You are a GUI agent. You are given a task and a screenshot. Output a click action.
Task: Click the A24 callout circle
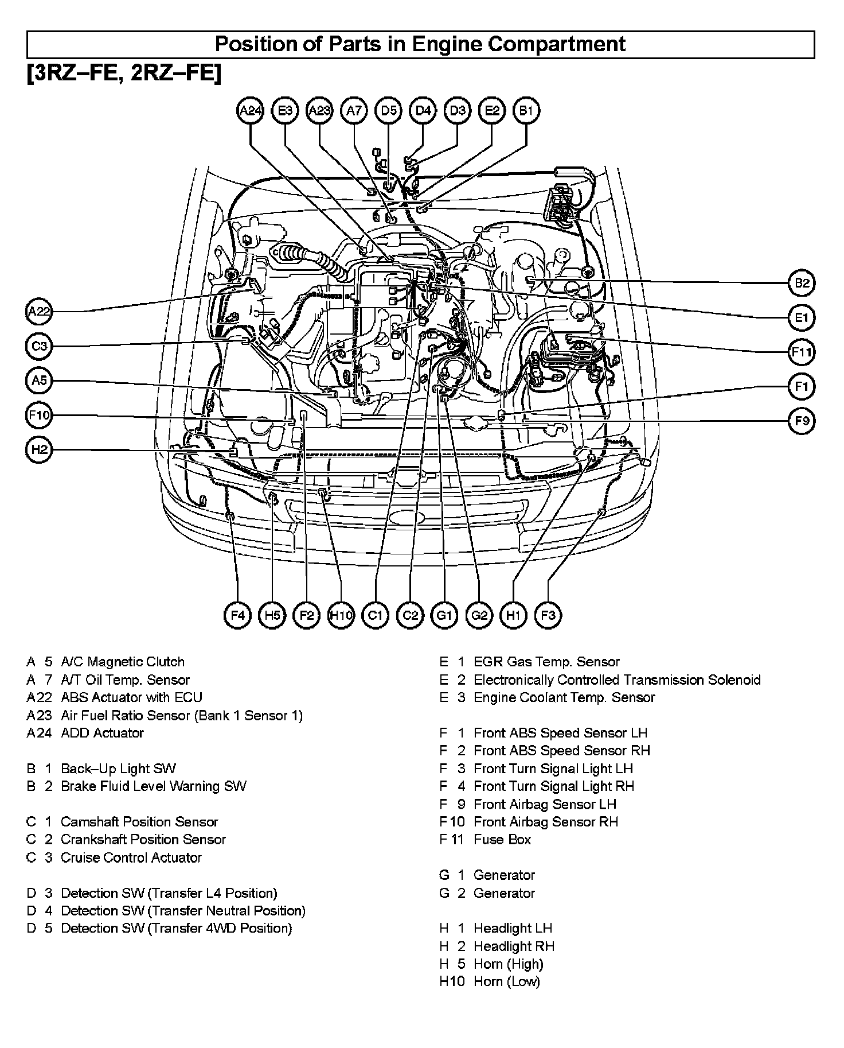[251, 111]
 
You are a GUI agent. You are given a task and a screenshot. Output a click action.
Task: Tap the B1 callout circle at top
[526, 111]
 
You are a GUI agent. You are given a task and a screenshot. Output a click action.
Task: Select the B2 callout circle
[802, 283]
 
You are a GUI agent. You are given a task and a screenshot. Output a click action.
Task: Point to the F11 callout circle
[802, 352]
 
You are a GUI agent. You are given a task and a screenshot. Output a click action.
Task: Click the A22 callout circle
[40, 312]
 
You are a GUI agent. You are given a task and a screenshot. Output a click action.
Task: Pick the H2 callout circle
[40, 449]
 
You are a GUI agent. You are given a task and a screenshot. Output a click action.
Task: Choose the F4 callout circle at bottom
[237, 616]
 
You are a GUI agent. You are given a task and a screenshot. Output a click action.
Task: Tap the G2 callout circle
[479, 616]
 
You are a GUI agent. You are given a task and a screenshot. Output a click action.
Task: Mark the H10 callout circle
[341, 616]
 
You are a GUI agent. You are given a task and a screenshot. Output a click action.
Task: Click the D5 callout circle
[389, 111]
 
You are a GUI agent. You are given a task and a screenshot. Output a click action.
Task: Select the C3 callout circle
[40, 346]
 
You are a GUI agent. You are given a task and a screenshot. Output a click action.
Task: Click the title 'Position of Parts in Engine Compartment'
[420, 44]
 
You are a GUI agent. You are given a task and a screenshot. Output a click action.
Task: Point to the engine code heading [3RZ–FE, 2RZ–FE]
[123, 73]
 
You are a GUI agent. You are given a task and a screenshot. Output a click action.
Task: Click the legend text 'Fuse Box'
[502, 840]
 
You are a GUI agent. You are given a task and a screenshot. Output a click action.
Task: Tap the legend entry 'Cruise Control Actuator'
[131, 857]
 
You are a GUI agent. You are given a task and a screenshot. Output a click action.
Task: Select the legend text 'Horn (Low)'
[507, 981]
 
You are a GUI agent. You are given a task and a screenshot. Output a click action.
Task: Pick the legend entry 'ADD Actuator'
[102, 733]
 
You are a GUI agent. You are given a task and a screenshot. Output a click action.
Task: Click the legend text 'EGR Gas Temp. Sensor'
[546, 662]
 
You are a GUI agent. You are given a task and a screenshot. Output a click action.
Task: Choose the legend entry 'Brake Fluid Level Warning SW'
[154, 786]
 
